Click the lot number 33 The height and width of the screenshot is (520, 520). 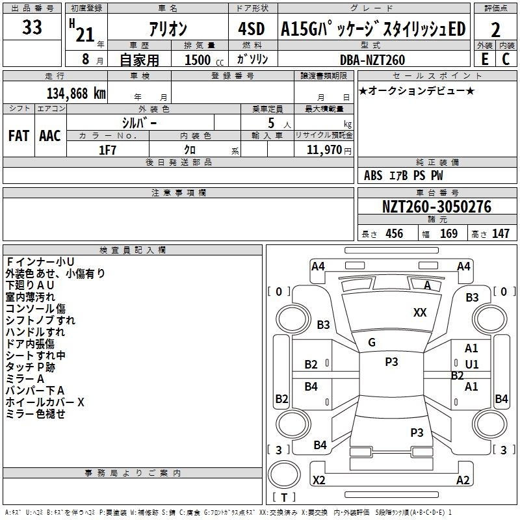(x=32, y=27)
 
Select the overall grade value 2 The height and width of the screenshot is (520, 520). (x=495, y=30)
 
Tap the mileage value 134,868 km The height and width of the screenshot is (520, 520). (x=76, y=94)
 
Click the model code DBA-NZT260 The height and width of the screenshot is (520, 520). (x=372, y=60)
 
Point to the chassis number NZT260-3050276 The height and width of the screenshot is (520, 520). (x=437, y=207)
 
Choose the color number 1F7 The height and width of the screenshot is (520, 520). (x=107, y=150)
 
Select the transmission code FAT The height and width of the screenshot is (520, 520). (x=19, y=136)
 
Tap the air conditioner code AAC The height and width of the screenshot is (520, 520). (x=50, y=136)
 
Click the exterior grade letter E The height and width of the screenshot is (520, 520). (x=485, y=59)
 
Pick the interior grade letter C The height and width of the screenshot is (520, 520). (x=506, y=59)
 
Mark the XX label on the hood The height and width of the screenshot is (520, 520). (x=420, y=313)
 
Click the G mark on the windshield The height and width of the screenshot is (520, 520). (x=372, y=343)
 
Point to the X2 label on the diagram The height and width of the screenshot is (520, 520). (x=318, y=480)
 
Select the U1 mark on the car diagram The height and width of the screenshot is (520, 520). (x=472, y=365)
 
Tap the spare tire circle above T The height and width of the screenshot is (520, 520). (x=284, y=474)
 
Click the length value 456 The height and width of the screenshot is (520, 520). (x=395, y=233)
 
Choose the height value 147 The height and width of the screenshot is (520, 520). (x=500, y=233)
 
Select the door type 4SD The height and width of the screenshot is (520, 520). (x=252, y=29)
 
